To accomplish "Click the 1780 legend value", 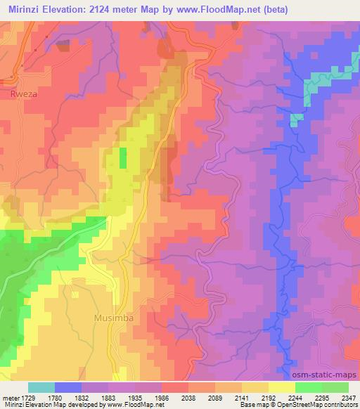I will (65, 399).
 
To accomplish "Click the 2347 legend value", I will (348, 399).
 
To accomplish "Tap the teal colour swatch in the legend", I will (41, 387).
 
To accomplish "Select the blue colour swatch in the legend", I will (68, 387).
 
